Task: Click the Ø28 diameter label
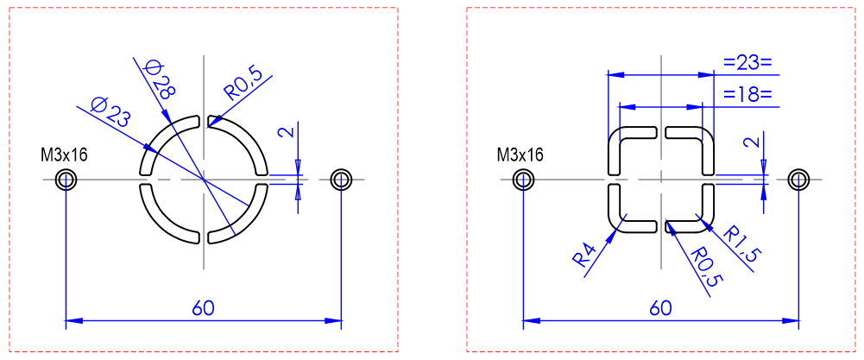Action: pos(158,80)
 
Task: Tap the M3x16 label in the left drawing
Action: pos(65,155)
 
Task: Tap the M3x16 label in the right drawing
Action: pos(520,155)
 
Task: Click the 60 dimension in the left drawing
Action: pos(204,308)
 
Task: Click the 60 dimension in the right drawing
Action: pos(660,308)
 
